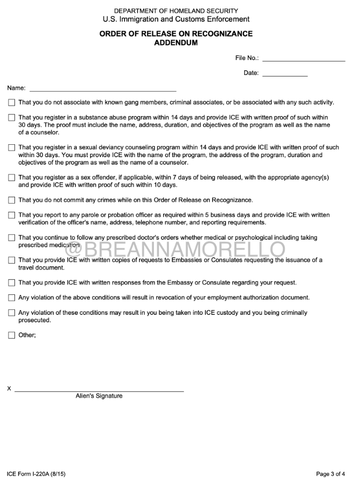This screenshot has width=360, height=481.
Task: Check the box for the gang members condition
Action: (x=12, y=102)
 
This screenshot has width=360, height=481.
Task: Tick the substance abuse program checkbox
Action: (x=12, y=117)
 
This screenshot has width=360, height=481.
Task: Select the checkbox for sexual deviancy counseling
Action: (x=12, y=147)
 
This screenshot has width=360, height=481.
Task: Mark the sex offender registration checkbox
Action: (x=12, y=177)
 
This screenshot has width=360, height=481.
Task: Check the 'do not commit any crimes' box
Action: (x=12, y=201)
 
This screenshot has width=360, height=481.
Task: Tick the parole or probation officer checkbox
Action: (x=12, y=216)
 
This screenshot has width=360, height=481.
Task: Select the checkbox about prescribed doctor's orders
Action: (x=12, y=238)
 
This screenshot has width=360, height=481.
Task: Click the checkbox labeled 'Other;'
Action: (x=12, y=336)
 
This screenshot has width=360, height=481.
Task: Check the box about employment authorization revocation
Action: (x=12, y=298)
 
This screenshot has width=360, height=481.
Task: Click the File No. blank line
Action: (x=303, y=60)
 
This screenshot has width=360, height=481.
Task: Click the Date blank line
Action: (x=284, y=75)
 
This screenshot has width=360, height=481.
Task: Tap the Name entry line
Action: (x=102, y=90)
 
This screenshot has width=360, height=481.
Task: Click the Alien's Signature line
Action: (x=99, y=390)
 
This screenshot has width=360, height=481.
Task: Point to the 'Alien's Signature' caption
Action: (x=99, y=396)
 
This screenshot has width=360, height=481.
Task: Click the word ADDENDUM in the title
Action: (x=176, y=43)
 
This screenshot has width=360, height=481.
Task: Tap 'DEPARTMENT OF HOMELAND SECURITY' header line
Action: (x=176, y=11)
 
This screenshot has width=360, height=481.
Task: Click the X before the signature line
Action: (x=9, y=388)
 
